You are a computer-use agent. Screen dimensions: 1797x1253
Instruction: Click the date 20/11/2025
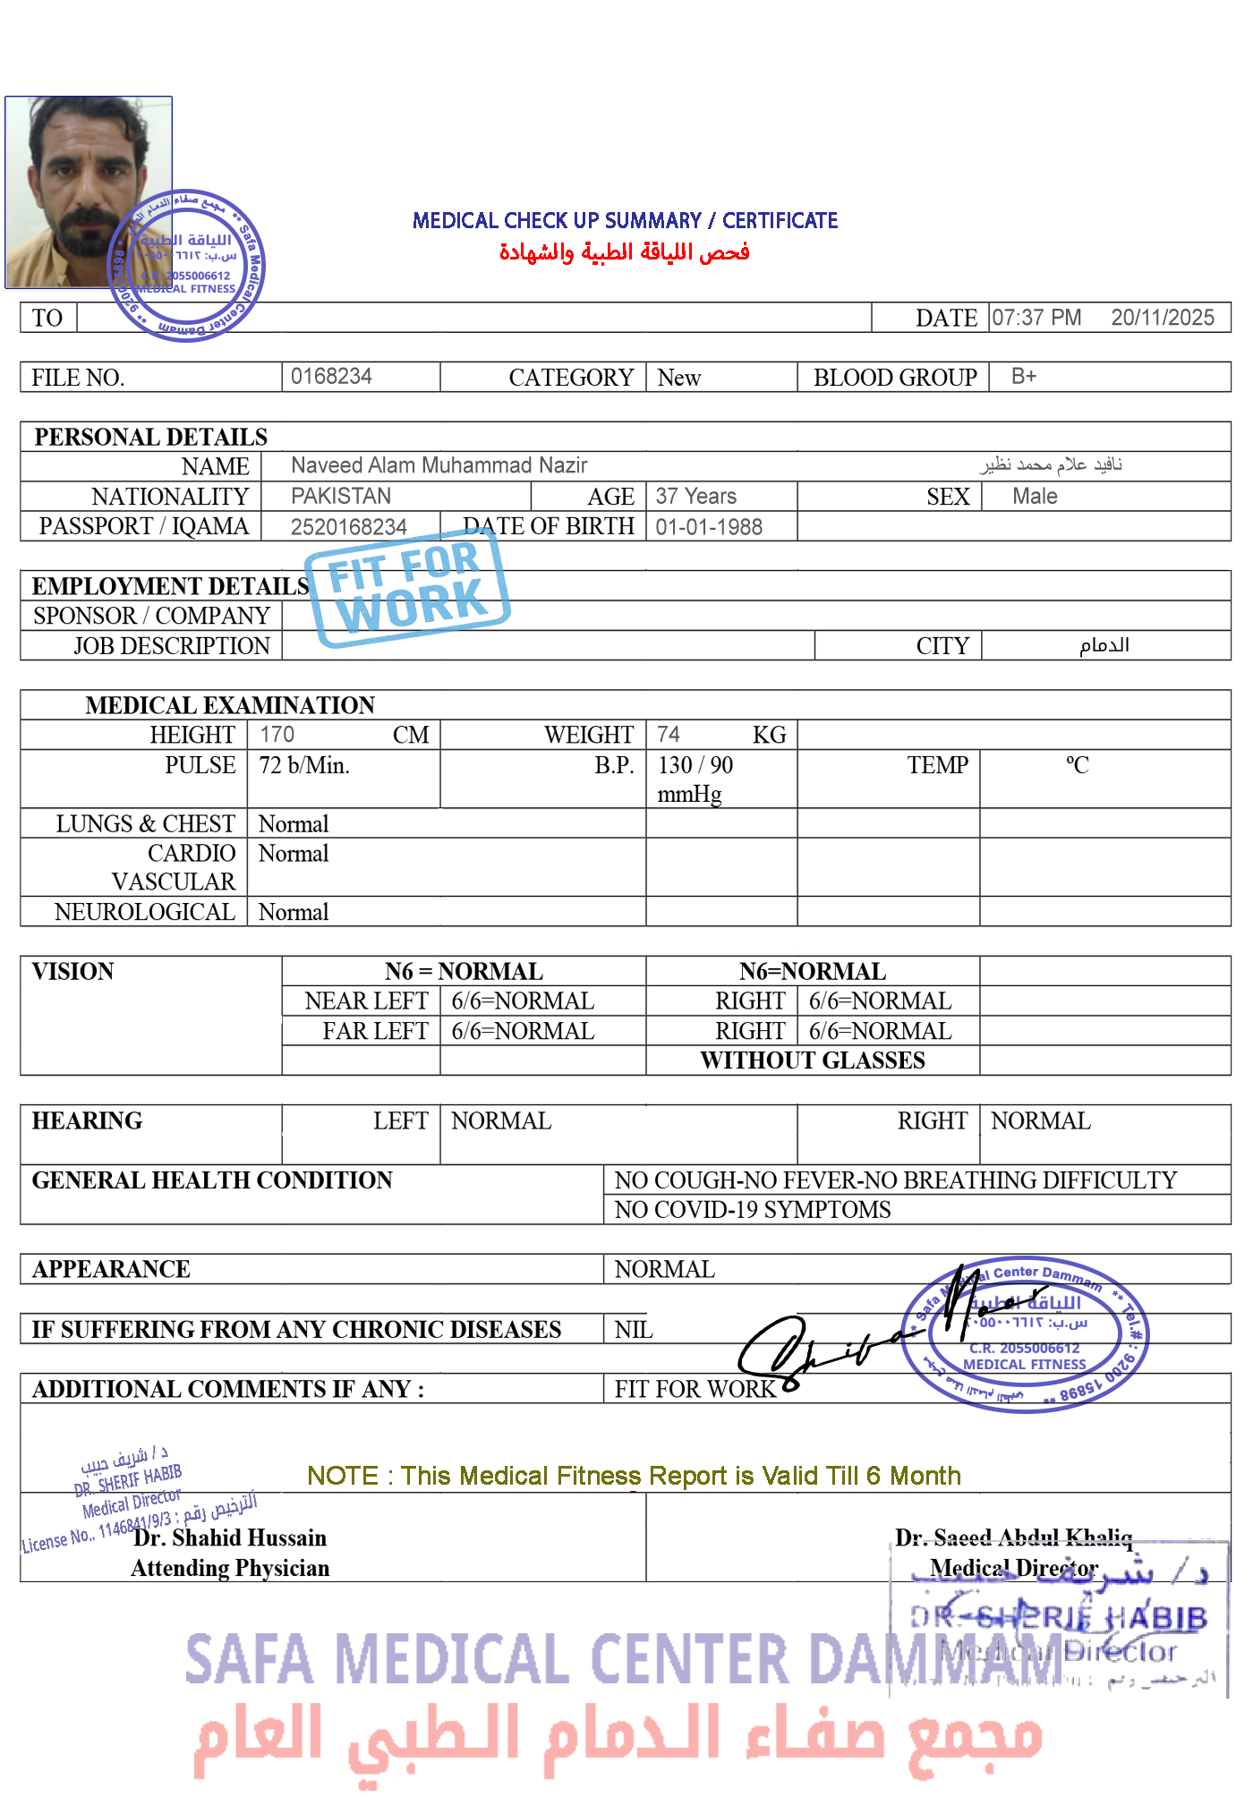tap(1162, 318)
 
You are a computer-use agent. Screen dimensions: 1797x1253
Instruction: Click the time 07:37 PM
tap(1036, 318)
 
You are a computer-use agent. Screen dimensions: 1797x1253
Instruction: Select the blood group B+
tap(1023, 376)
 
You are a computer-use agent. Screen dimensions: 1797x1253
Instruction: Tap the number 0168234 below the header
tap(331, 376)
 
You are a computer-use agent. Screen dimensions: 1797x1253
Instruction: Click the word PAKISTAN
tap(341, 496)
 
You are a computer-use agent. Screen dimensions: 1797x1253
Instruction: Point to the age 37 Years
tap(695, 496)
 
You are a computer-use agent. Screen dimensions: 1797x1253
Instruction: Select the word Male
tap(1035, 497)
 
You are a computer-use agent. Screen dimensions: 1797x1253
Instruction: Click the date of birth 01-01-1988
tap(708, 527)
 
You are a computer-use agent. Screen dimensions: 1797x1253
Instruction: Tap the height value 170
tap(277, 735)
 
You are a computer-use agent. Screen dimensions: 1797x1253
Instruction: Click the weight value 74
tap(668, 735)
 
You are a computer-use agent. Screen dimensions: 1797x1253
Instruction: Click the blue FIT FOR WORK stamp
tap(407, 586)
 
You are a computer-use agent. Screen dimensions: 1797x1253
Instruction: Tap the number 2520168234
tap(348, 526)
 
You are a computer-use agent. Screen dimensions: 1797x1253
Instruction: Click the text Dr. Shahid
tap(187, 1537)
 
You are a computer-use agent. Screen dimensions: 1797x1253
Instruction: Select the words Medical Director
tap(1013, 1568)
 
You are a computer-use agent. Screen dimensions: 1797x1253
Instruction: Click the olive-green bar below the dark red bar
tap(633, 1477)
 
